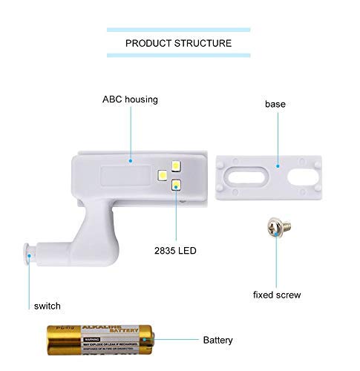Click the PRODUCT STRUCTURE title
point(178,43)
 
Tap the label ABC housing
point(130,99)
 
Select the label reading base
point(275,104)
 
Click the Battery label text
point(219,341)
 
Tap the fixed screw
point(275,227)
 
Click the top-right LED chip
point(177,166)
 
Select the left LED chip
point(162,176)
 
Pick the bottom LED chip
point(177,186)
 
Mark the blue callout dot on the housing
point(130,158)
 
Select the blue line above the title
point(178,30)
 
